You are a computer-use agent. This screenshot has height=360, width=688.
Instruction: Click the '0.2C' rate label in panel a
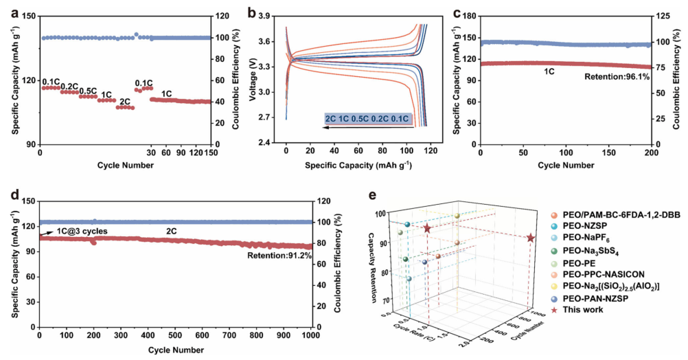69,87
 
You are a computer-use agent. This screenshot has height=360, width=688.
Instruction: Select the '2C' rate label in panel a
124,102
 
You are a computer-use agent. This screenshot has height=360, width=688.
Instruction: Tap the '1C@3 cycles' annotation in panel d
81,231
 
